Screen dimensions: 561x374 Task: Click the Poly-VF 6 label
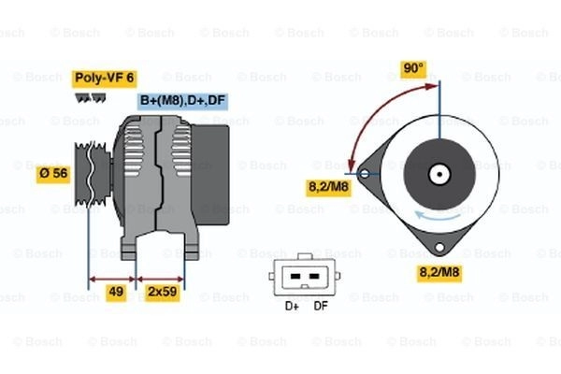[x=104, y=79]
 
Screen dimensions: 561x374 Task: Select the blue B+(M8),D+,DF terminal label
[x=182, y=101]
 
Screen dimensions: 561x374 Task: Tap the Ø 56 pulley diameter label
[x=53, y=174]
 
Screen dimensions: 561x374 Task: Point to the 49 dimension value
[x=116, y=292]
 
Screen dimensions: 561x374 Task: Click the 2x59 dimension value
[x=162, y=292]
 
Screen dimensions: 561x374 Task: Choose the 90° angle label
[x=413, y=68]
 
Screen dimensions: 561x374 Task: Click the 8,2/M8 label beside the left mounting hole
[x=328, y=187]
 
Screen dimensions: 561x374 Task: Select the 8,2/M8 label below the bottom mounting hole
[x=439, y=273]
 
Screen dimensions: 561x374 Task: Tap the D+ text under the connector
[x=292, y=306]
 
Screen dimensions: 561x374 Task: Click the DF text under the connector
[x=321, y=306]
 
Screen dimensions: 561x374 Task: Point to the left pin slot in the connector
[x=295, y=277]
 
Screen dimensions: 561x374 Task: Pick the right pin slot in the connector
[x=314, y=277]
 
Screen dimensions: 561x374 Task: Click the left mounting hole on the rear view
[x=365, y=174]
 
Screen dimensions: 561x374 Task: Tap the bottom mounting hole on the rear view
[x=439, y=247]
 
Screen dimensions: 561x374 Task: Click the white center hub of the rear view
[x=439, y=175]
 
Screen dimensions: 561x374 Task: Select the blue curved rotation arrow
[x=438, y=215]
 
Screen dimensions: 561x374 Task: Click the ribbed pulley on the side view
[x=93, y=174]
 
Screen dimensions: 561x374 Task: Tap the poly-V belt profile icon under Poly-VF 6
[x=91, y=98]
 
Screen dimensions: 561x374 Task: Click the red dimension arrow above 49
[x=112, y=280]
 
